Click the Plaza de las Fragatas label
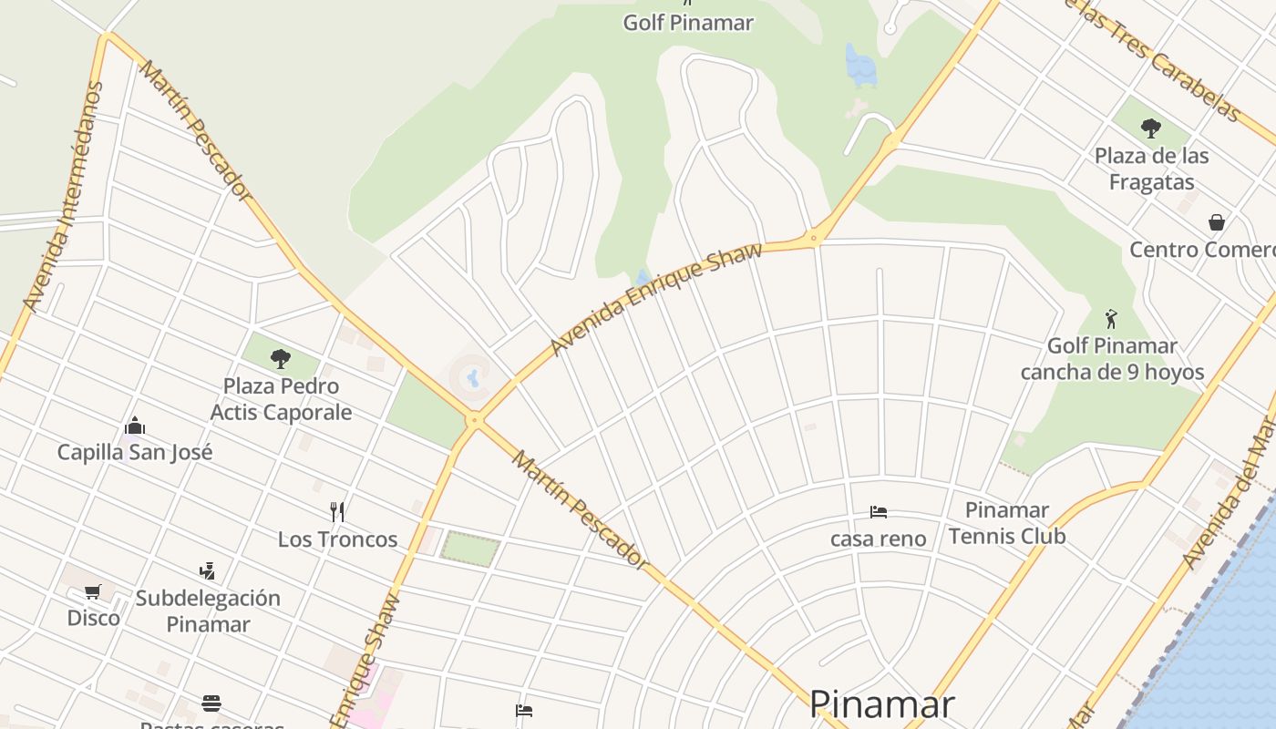coord(1151,169)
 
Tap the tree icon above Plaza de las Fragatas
coord(1151,128)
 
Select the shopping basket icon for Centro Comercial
coord(1216,221)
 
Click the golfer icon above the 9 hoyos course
coord(1110,319)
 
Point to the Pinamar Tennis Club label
coord(1006,523)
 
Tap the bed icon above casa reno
coord(879,511)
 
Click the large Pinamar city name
coord(881,704)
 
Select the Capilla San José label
coord(135,452)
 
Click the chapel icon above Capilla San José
coord(135,426)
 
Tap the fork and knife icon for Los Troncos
coord(337,511)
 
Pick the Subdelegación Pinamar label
coord(208,611)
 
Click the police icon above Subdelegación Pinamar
coord(207,571)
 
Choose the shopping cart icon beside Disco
coord(92,592)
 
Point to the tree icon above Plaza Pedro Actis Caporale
coord(281,358)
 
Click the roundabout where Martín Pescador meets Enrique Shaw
coord(474,420)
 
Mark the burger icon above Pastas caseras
coord(211,703)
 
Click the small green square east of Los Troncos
coord(470,548)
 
